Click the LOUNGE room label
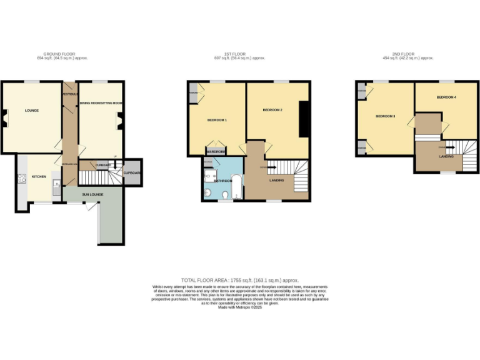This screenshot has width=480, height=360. pos(32,111)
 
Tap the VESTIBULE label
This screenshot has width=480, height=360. pos(69,94)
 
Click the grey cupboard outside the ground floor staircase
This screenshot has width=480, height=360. pos(132,172)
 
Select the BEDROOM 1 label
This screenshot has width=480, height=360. pos(217,119)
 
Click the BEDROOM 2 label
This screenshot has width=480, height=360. pos(272,110)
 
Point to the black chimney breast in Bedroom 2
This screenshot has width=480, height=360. pos(304,118)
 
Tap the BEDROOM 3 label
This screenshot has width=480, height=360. pos(385,116)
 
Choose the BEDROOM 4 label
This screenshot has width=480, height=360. pos(446,97)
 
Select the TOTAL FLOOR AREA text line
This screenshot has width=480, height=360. pos(240,281)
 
